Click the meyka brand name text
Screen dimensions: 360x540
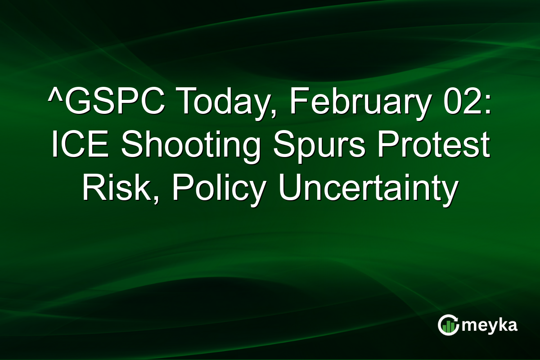click(x=490, y=325)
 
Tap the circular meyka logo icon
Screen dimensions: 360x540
click(x=448, y=325)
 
